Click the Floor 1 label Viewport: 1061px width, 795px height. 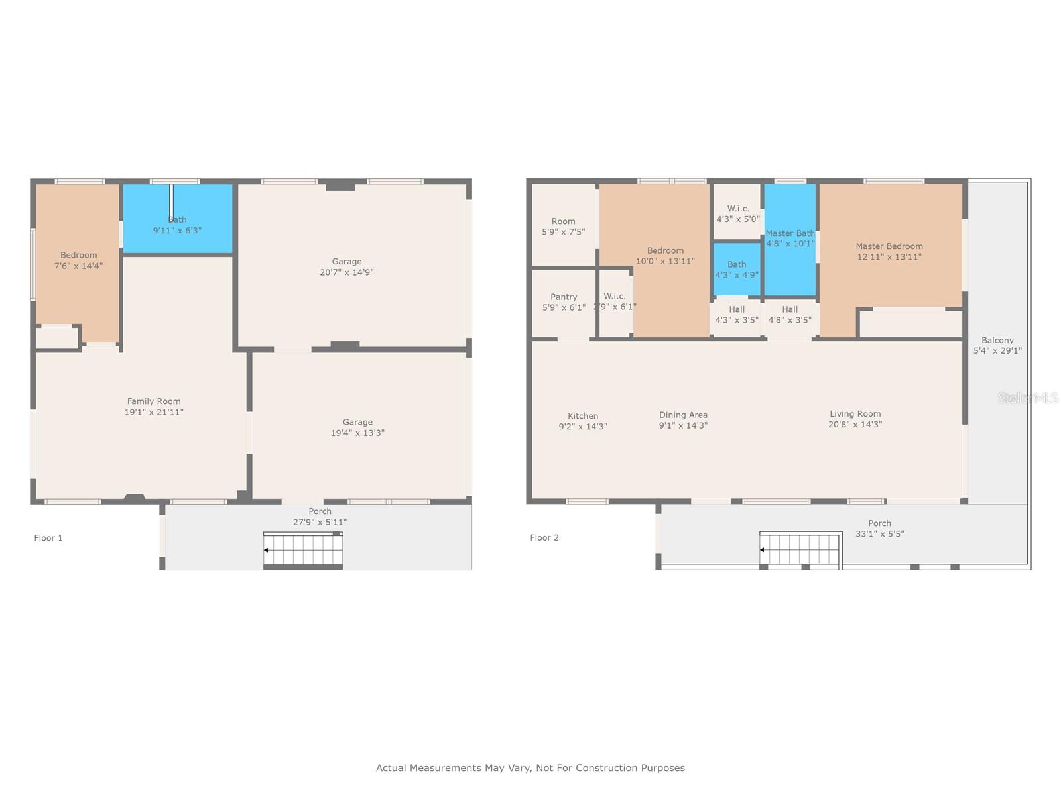48,538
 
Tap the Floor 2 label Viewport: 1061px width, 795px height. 544,538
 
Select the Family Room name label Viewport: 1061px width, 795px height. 154,401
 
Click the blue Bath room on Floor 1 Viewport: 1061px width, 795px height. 178,219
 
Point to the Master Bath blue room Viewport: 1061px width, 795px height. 790,240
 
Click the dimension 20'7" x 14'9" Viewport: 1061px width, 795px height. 347,272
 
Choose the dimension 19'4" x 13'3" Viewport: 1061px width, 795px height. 357,433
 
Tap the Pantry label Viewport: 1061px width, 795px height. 564,297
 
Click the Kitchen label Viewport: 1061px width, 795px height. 583,416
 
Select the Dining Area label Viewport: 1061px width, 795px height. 684,415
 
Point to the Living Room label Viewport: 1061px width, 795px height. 855,414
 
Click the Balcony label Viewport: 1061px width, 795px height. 997,341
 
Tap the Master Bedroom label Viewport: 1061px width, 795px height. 889,246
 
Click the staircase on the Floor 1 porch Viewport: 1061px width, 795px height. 303,549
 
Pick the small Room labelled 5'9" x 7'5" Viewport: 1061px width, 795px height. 564,225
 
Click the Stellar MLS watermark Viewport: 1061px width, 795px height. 1028,397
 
